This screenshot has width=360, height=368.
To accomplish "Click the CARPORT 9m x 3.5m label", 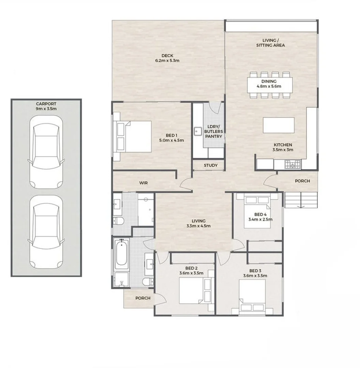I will [46, 106].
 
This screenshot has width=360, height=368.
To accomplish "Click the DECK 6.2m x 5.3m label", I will [167, 58].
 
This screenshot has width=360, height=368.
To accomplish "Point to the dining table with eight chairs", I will [269, 84].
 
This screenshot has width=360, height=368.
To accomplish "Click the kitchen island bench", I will [279, 125].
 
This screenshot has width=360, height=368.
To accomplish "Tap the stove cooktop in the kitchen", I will [292, 165].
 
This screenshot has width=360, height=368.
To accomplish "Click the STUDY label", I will [210, 166].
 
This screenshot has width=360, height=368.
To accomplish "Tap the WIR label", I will [144, 183].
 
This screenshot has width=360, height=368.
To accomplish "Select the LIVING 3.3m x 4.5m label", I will [198, 224].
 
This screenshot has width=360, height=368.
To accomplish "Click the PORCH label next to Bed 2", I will [143, 298].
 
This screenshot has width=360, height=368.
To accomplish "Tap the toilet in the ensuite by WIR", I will [118, 221].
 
